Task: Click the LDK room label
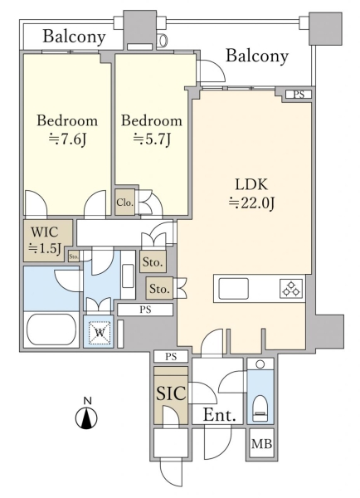(x=251, y=184)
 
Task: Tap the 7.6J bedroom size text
(x=67, y=139)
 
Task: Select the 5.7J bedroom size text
(x=152, y=139)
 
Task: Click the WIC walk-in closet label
(x=45, y=232)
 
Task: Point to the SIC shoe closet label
(x=171, y=393)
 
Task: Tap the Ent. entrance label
(x=219, y=415)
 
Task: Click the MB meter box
(x=262, y=443)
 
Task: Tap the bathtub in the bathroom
(x=51, y=330)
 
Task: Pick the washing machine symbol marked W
(x=100, y=333)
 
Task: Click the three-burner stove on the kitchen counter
(x=291, y=288)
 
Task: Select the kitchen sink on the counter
(x=234, y=288)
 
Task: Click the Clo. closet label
(x=124, y=203)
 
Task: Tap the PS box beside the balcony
(x=299, y=95)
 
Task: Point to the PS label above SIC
(x=171, y=356)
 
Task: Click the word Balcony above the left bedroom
(x=74, y=37)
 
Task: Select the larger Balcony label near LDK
(x=257, y=56)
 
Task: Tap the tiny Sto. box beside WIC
(x=74, y=256)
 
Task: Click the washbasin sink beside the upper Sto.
(x=128, y=276)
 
